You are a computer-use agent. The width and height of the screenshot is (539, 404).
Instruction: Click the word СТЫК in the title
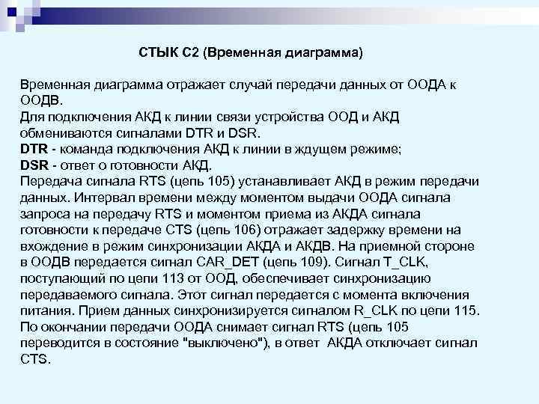tap(158, 54)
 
